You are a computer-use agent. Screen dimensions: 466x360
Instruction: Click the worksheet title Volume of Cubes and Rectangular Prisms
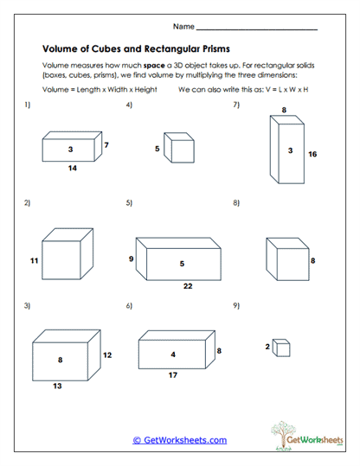pos(136,48)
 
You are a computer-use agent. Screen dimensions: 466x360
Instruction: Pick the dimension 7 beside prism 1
pos(106,145)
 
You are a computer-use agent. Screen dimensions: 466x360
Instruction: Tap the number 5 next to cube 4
pos(157,149)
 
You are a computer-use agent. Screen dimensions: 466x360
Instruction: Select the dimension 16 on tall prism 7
pos(312,154)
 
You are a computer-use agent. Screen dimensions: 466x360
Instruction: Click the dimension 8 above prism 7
pos(284,110)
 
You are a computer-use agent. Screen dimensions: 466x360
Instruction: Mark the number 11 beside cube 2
pos(35,260)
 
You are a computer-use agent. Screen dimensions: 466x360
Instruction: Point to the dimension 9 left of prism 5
pos(131,259)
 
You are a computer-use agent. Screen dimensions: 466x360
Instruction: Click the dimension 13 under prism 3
pos(57,386)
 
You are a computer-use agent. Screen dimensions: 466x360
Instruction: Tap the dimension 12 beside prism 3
pos(107,355)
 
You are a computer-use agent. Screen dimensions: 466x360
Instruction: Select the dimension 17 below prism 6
pos(173,374)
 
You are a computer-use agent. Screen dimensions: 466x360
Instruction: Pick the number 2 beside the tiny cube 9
pos(267,346)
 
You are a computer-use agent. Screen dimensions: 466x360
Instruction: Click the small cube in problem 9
pos(281,348)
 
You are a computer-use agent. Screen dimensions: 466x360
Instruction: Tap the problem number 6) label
pos(129,306)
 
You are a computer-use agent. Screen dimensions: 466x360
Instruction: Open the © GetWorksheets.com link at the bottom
pos(179,440)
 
